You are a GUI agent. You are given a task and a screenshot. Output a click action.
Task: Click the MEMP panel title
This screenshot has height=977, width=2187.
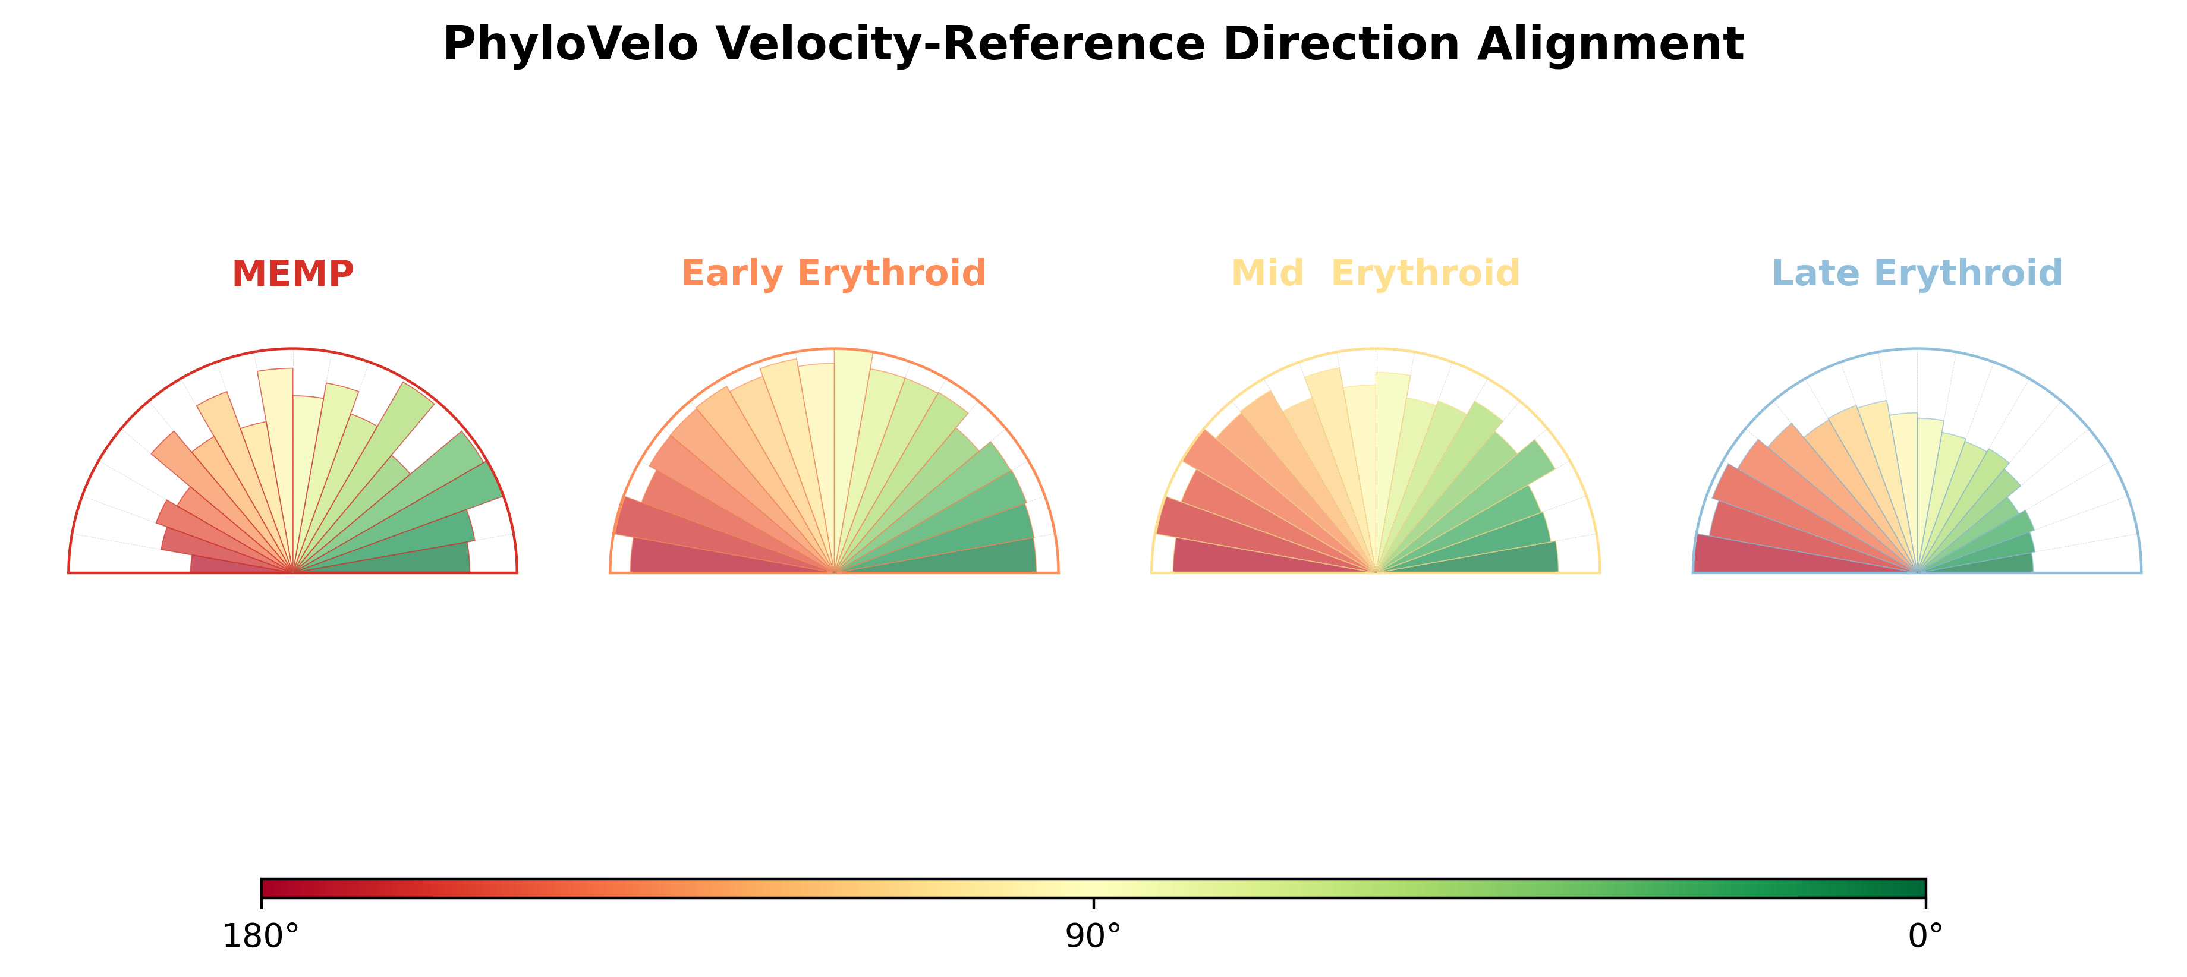[293, 274]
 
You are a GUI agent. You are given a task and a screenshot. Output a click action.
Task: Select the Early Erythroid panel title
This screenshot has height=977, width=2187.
[833, 274]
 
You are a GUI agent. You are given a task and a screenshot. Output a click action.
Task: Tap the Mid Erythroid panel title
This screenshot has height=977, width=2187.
[1376, 274]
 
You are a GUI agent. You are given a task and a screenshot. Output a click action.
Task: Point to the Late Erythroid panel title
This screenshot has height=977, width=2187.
[1917, 274]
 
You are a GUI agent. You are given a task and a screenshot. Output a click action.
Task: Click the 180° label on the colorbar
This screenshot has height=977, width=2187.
[260, 936]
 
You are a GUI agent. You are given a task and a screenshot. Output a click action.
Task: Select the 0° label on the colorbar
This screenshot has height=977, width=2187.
[1925, 936]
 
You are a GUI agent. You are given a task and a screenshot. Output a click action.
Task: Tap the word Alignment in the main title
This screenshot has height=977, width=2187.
[1610, 45]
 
